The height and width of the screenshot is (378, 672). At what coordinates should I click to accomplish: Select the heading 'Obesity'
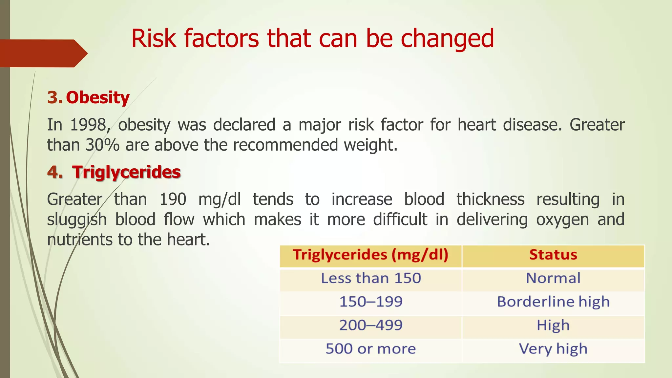[98, 97]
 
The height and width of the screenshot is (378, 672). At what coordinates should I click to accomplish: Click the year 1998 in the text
[88, 125]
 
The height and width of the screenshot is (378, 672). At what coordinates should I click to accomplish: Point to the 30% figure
[102, 145]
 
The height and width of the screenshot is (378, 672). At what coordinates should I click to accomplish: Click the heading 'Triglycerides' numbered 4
[126, 172]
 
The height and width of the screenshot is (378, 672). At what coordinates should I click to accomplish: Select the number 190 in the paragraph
[173, 199]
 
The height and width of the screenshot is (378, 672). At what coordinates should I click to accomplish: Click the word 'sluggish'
[77, 220]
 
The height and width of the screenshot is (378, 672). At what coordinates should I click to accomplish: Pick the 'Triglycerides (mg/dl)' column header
[370, 255]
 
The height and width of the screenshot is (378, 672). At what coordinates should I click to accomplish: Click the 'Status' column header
[553, 255]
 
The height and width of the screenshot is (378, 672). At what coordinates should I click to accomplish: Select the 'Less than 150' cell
[370, 278]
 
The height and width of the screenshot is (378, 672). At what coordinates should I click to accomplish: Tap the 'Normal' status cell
[553, 278]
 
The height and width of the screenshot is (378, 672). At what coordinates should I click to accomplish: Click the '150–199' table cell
[370, 302]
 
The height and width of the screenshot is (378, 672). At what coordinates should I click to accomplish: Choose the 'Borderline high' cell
[553, 302]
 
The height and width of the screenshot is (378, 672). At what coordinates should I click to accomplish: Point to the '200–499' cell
[370, 325]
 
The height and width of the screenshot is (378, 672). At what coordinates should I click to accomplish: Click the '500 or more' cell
[370, 349]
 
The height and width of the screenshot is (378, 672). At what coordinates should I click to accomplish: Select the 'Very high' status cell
[553, 349]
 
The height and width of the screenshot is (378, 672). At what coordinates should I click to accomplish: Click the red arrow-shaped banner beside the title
[43, 53]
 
